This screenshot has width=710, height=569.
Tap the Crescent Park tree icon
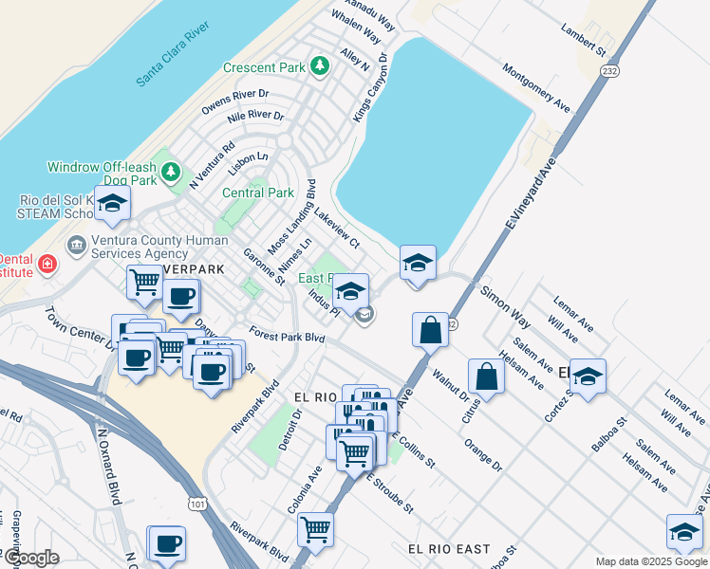pyautogui.click(x=320, y=66)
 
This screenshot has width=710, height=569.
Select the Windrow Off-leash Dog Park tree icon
pyautogui.click(x=171, y=173)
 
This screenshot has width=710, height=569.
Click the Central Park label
pyautogui.click(x=257, y=193)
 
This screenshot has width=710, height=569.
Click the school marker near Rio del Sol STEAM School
pyautogui.click(x=112, y=204)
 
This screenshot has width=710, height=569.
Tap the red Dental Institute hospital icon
pyautogui.click(x=47, y=263)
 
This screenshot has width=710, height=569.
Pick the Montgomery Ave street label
pyautogui.click(x=536, y=87)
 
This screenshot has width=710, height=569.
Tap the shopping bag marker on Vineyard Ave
pyautogui.click(x=430, y=330)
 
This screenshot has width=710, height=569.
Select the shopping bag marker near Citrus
pyautogui.click(x=486, y=376)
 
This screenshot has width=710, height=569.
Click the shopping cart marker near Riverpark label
pyautogui.click(x=144, y=282)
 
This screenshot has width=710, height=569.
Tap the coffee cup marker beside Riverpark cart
pyautogui.click(x=180, y=295)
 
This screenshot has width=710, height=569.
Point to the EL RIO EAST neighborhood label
pyautogui.click(x=449, y=549)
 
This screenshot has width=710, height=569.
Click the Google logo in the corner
pyautogui.click(x=30, y=558)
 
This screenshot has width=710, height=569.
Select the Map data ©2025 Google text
pyautogui.click(x=650, y=561)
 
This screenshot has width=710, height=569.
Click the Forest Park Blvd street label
pyautogui.click(x=287, y=336)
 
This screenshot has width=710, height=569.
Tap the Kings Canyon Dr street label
pyautogui.click(x=371, y=86)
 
